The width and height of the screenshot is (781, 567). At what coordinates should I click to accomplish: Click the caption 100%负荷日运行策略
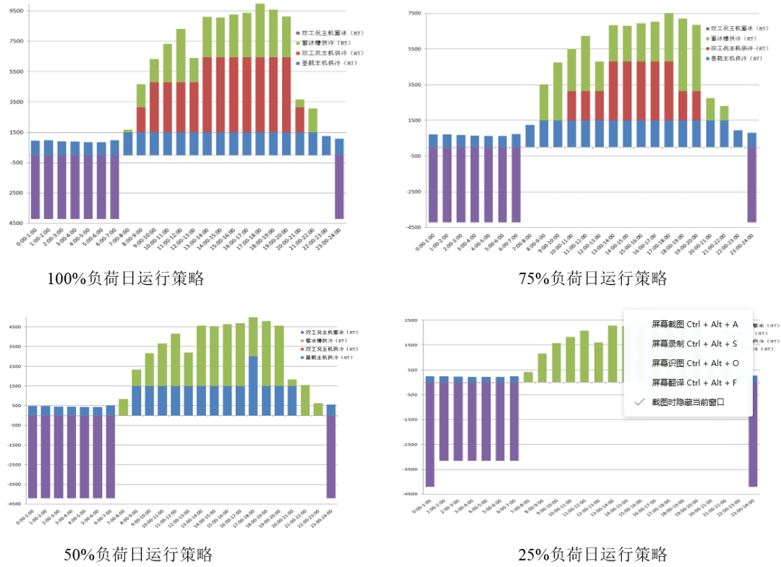pos(126,278)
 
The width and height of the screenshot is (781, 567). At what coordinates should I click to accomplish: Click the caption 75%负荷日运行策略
pos(592,278)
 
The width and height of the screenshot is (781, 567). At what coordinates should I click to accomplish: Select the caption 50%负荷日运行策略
pos(138,555)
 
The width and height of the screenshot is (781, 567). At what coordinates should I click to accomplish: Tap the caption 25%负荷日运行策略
pos(592,555)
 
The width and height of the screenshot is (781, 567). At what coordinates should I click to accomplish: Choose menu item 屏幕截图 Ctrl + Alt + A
pos(694,325)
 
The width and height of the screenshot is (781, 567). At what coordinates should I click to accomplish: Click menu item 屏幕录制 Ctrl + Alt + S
pos(694,344)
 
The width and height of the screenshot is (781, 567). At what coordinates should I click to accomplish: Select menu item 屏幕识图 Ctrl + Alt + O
pos(695,363)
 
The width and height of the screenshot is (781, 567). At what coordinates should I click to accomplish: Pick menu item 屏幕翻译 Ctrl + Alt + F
pos(694,382)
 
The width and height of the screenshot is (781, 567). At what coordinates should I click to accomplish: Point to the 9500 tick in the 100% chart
pos(16,11)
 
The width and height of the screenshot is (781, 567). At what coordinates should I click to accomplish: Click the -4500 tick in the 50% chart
pos(14,504)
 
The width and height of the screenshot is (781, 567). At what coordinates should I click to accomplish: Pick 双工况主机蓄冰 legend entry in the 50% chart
pos(328,332)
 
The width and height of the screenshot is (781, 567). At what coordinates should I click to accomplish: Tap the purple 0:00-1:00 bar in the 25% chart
pos(430,434)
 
